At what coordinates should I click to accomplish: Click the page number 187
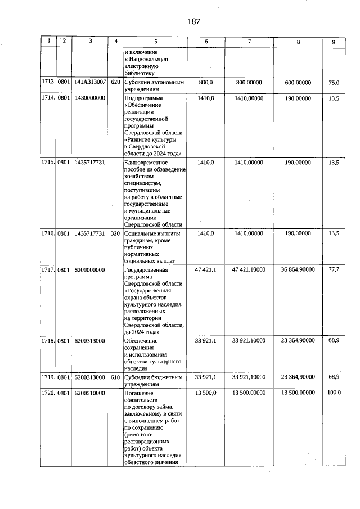[193, 22]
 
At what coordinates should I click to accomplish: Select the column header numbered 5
[155, 42]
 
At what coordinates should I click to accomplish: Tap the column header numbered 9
[334, 42]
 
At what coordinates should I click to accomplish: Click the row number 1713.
[48, 82]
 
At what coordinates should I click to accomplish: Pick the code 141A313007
[90, 82]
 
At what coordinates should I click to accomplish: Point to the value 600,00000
[298, 82]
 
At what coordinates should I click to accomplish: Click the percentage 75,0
[334, 82]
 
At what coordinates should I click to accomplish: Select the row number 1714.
[48, 98]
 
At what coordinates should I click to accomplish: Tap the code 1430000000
[90, 98]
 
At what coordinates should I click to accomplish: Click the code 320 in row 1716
[115, 233]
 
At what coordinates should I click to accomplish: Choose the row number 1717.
[48, 270]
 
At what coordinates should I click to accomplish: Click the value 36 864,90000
[298, 270]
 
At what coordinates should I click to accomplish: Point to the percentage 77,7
[334, 270]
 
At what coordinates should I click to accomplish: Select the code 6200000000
[90, 270]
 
